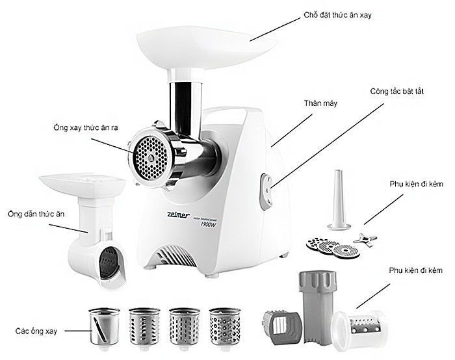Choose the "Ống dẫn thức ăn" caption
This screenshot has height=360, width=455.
coord(32,213)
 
